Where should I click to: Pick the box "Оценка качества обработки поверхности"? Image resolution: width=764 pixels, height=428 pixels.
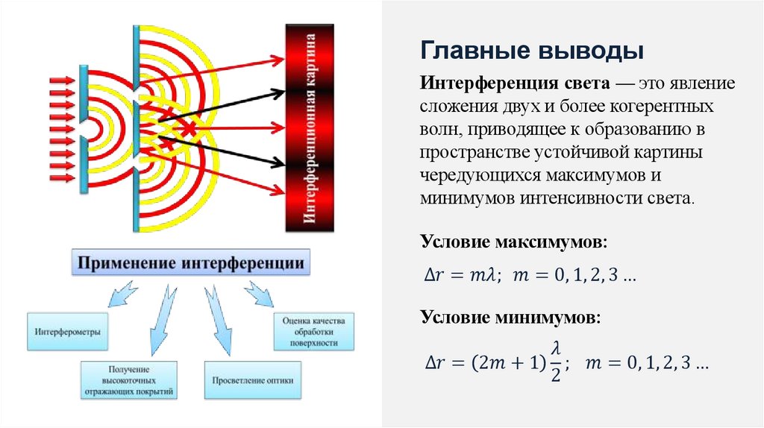311,331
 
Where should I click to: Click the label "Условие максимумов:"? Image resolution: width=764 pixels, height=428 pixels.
514,243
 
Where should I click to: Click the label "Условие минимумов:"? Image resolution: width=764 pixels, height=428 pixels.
510,318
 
